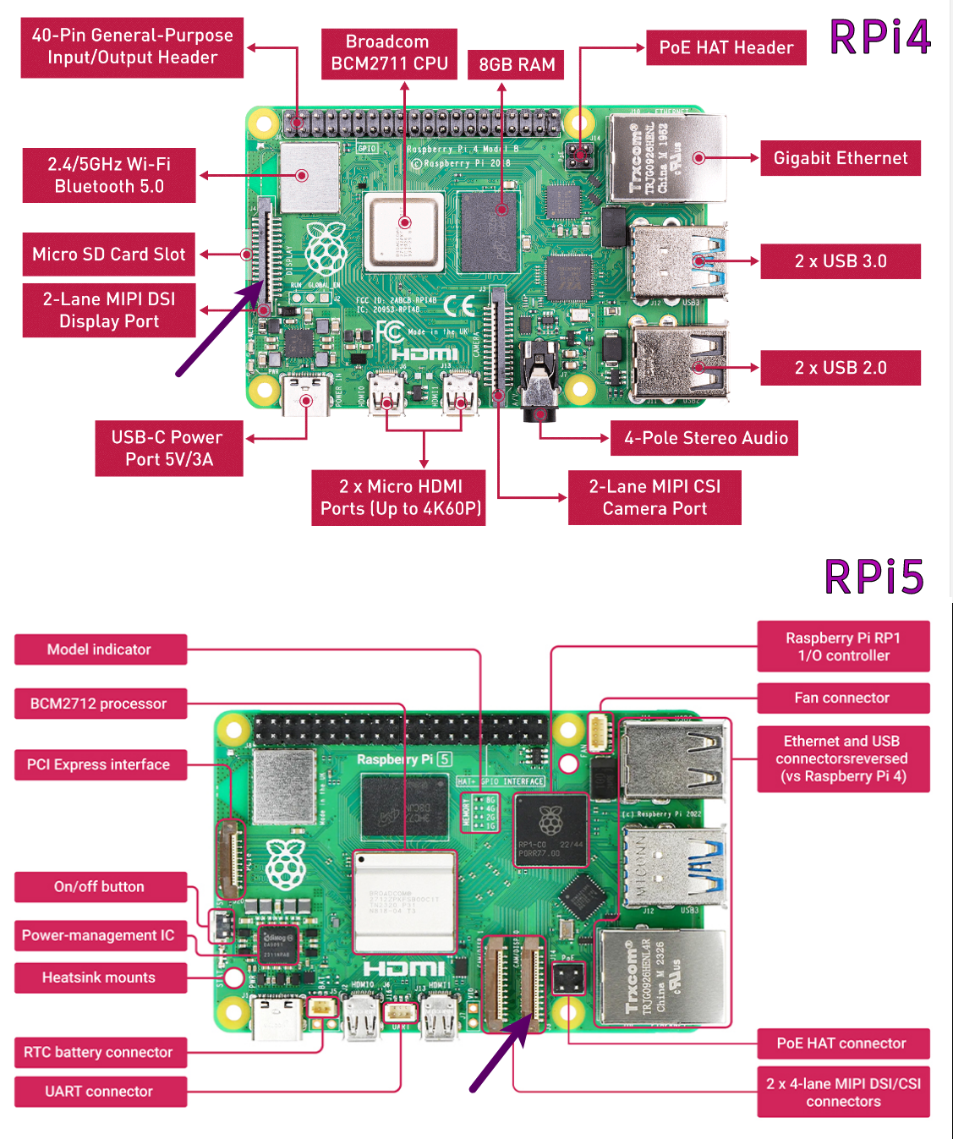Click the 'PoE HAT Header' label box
tap(726, 47)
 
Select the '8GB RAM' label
tap(516, 64)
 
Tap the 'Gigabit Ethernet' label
tap(840, 158)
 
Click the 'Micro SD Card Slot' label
tap(108, 254)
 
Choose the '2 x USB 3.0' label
tap(840, 261)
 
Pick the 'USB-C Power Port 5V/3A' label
tap(168, 448)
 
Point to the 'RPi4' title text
tap(879, 38)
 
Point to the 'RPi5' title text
tap(874, 578)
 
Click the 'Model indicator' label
tap(100, 649)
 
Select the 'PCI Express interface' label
tap(100, 764)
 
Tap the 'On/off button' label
tap(100, 886)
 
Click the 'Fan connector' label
tap(842, 698)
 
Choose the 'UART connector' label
tap(100, 1091)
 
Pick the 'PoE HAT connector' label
tap(842, 1043)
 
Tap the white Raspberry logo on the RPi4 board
tap(326, 249)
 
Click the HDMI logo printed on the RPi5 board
tap(404, 967)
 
